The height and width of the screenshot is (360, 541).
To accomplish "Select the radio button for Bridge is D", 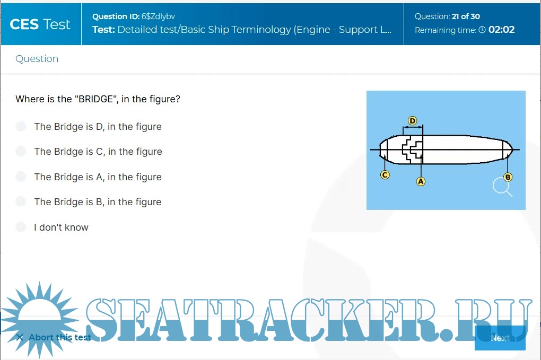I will [21, 126].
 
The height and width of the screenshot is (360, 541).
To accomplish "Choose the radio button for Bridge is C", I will [21, 152].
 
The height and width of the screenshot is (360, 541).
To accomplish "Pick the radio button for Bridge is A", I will [21, 177].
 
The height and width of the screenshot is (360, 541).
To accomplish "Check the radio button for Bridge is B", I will [21, 201].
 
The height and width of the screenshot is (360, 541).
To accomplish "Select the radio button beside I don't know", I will [21, 227].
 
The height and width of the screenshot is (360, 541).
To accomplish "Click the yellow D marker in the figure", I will [412, 121].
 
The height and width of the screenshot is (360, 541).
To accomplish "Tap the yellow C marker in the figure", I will [385, 174].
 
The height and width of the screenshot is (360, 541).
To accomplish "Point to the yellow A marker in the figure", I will [421, 181].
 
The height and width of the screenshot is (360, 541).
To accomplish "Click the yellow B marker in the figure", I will [508, 177].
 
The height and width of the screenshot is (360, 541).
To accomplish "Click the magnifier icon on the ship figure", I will [502, 187].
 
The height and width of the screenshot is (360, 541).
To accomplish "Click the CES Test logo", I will [40, 24].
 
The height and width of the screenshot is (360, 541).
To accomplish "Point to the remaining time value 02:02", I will [501, 30].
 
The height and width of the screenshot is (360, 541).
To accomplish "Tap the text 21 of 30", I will [466, 16].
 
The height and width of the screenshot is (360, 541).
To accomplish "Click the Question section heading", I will [37, 59].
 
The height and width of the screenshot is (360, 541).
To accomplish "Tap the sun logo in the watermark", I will [40, 313].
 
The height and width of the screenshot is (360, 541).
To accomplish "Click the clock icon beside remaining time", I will [482, 30].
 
